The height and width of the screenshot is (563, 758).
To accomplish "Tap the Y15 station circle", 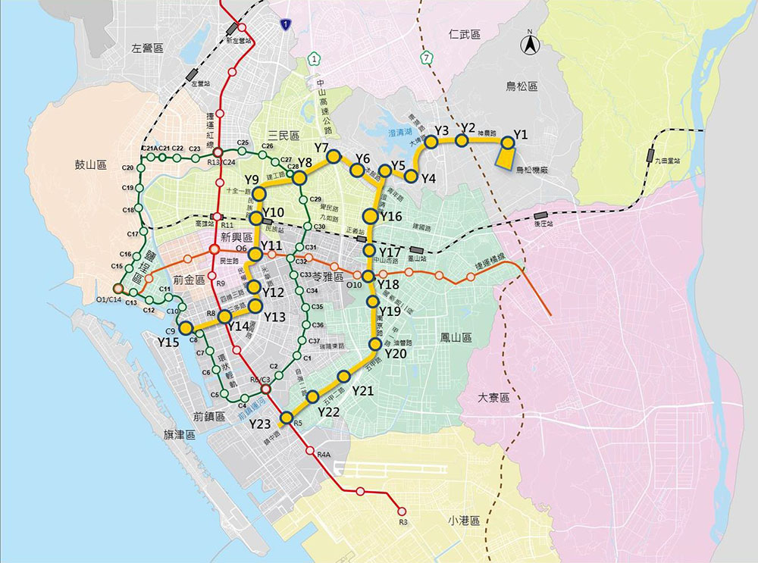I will pyautogui.click(x=186, y=328).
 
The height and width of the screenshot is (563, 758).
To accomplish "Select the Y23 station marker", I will pyautogui.click(x=287, y=418).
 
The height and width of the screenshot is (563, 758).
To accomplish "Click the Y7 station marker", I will pyautogui.click(x=334, y=157).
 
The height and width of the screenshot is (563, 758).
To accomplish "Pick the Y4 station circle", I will pyautogui.click(x=411, y=177).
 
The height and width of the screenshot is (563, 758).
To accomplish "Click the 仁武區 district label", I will pyautogui.click(x=465, y=34).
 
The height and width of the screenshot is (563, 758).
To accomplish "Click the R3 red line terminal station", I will pyautogui.click(x=402, y=511).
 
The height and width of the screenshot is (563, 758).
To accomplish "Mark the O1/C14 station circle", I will pyautogui.click(x=117, y=288).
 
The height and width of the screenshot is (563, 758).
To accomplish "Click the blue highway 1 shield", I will pyautogui.click(x=284, y=25).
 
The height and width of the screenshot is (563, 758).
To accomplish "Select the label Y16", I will pyautogui.click(x=392, y=217).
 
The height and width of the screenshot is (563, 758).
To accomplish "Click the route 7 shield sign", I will pyautogui.click(x=429, y=58).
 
